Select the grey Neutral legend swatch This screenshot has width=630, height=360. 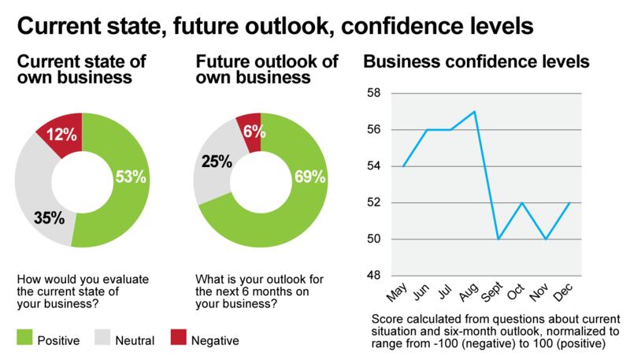[110, 340]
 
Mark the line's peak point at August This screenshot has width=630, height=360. [474, 111]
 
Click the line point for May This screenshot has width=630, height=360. [402, 166]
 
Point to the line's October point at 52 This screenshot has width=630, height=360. [522, 202]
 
